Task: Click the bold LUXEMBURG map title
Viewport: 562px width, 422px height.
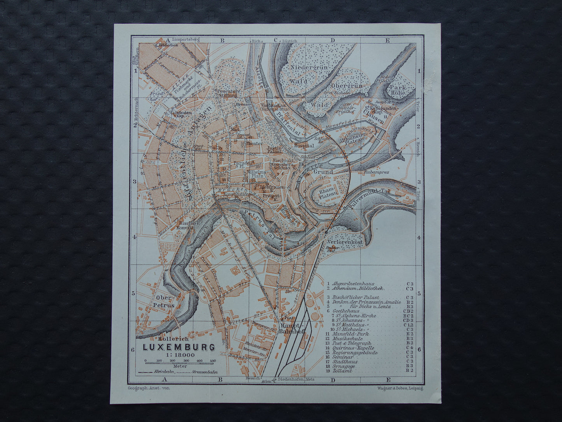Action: pyautogui.click(x=179, y=347)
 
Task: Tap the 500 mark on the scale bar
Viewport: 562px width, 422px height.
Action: pyautogui.click(x=212, y=361)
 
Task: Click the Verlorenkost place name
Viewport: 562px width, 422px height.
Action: pyautogui.click(x=345, y=242)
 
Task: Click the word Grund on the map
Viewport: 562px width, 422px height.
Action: pyautogui.click(x=323, y=171)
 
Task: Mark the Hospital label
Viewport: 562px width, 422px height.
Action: pyautogui.click(x=304, y=145)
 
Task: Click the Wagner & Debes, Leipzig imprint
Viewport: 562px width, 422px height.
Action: pyautogui.click(x=400, y=388)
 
